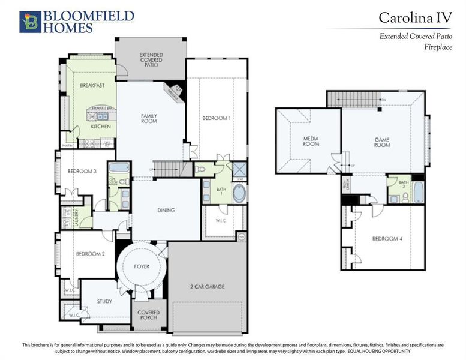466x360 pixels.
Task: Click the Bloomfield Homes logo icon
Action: pyautogui.click(x=30, y=22)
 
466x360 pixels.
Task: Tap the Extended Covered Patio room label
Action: pyautogui.click(x=151, y=59)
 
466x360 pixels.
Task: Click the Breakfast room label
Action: pyautogui.click(x=92, y=86)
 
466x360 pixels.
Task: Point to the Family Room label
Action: pyautogui.click(x=149, y=118)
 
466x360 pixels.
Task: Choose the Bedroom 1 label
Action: pyautogui.click(x=216, y=118)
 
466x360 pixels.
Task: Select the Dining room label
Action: pyautogui.click(x=166, y=210)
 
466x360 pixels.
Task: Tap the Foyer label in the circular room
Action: pyautogui.click(x=142, y=266)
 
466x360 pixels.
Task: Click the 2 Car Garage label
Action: pyautogui.click(x=207, y=287)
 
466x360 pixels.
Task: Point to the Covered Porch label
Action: pyautogui.click(x=148, y=315)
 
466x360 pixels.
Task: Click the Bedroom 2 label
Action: pyautogui.click(x=91, y=254)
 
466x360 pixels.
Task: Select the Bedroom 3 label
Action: pyautogui.click(x=82, y=172)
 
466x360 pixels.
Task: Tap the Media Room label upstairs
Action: pyautogui.click(x=311, y=142)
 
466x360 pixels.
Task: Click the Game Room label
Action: pyautogui.click(x=382, y=142)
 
